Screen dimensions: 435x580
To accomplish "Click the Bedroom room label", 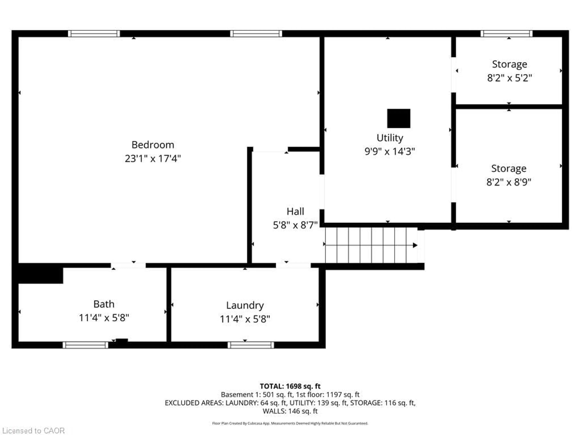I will tap(153, 145).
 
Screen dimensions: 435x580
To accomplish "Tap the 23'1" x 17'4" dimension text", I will tap(153, 159).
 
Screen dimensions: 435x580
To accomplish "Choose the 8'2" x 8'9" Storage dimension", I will tap(509, 182).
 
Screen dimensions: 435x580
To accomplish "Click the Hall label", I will tap(295, 211).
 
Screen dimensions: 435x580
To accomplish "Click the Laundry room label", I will tap(245, 305).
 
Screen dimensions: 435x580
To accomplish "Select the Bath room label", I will tap(104, 304).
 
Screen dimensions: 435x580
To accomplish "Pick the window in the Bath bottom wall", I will tap(85, 345).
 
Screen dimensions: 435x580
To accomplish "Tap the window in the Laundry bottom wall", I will tap(251, 345).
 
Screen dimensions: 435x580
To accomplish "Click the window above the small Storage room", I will tap(506, 34).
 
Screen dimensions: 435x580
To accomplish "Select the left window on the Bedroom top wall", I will tap(94, 34).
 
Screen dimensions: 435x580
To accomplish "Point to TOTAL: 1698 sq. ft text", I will tap(290, 386).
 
